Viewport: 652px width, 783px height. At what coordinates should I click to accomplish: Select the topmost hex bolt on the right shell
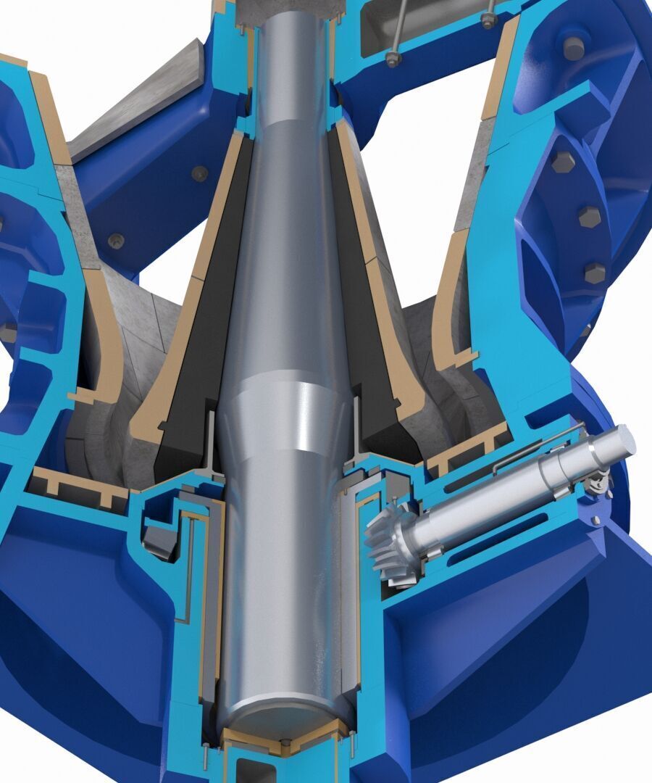pos(574,48)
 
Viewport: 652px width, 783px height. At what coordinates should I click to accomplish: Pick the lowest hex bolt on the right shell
pos(595,273)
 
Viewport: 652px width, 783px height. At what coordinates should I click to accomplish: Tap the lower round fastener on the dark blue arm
pos(115,240)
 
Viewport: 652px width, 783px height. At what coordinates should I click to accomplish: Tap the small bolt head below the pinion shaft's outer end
pos(595,520)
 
